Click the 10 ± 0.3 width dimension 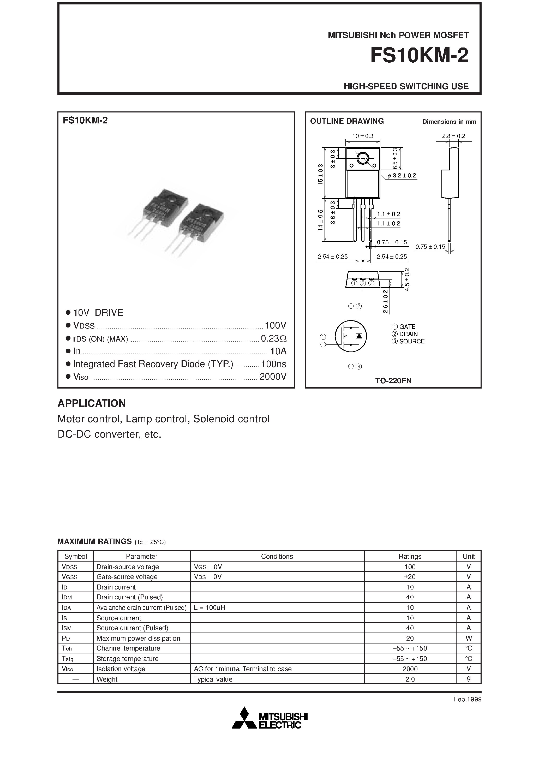[x=363, y=136]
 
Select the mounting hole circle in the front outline [x=363, y=158]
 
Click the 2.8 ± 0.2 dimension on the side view [x=454, y=136]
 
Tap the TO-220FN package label [x=393, y=381]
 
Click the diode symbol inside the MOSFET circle [x=359, y=336]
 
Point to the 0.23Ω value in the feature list [x=273, y=339]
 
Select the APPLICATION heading [x=92, y=403]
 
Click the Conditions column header [x=277, y=556]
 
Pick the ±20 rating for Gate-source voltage [x=410, y=577]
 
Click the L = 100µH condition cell [x=210, y=607]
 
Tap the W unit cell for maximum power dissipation [x=469, y=638]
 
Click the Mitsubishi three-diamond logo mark [x=244, y=718]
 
